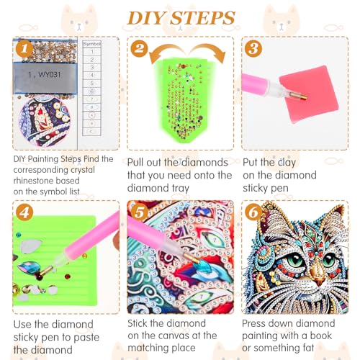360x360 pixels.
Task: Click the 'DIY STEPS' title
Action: coord(181,17)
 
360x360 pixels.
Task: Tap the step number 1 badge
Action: coord(24,49)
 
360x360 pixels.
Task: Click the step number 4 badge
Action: coord(24,213)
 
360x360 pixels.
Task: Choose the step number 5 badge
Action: coord(140,214)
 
